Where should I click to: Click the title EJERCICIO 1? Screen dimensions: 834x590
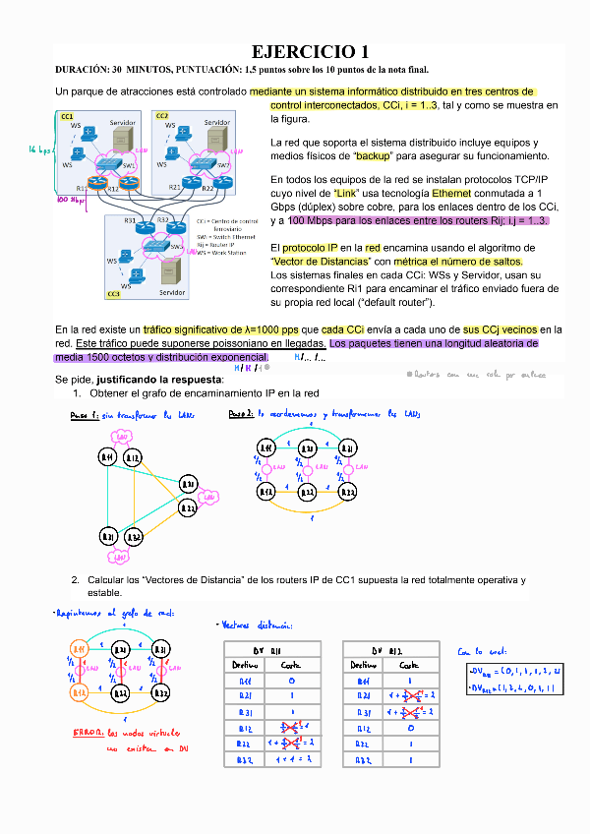click(x=311, y=51)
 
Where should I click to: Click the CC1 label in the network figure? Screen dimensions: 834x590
click(x=67, y=116)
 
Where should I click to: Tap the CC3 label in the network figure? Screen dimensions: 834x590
click(x=113, y=293)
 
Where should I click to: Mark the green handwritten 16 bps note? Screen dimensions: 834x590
click(x=40, y=149)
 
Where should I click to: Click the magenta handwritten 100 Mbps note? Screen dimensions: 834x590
click(x=71, y=200)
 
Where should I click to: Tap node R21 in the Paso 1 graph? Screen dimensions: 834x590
click(x=190, y=483)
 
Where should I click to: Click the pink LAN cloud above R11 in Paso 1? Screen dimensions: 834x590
click(x=122, y=435)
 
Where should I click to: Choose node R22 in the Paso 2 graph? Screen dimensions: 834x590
click(x=307, y=491)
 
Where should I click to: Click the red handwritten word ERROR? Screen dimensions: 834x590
click(x=91, y=733)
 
